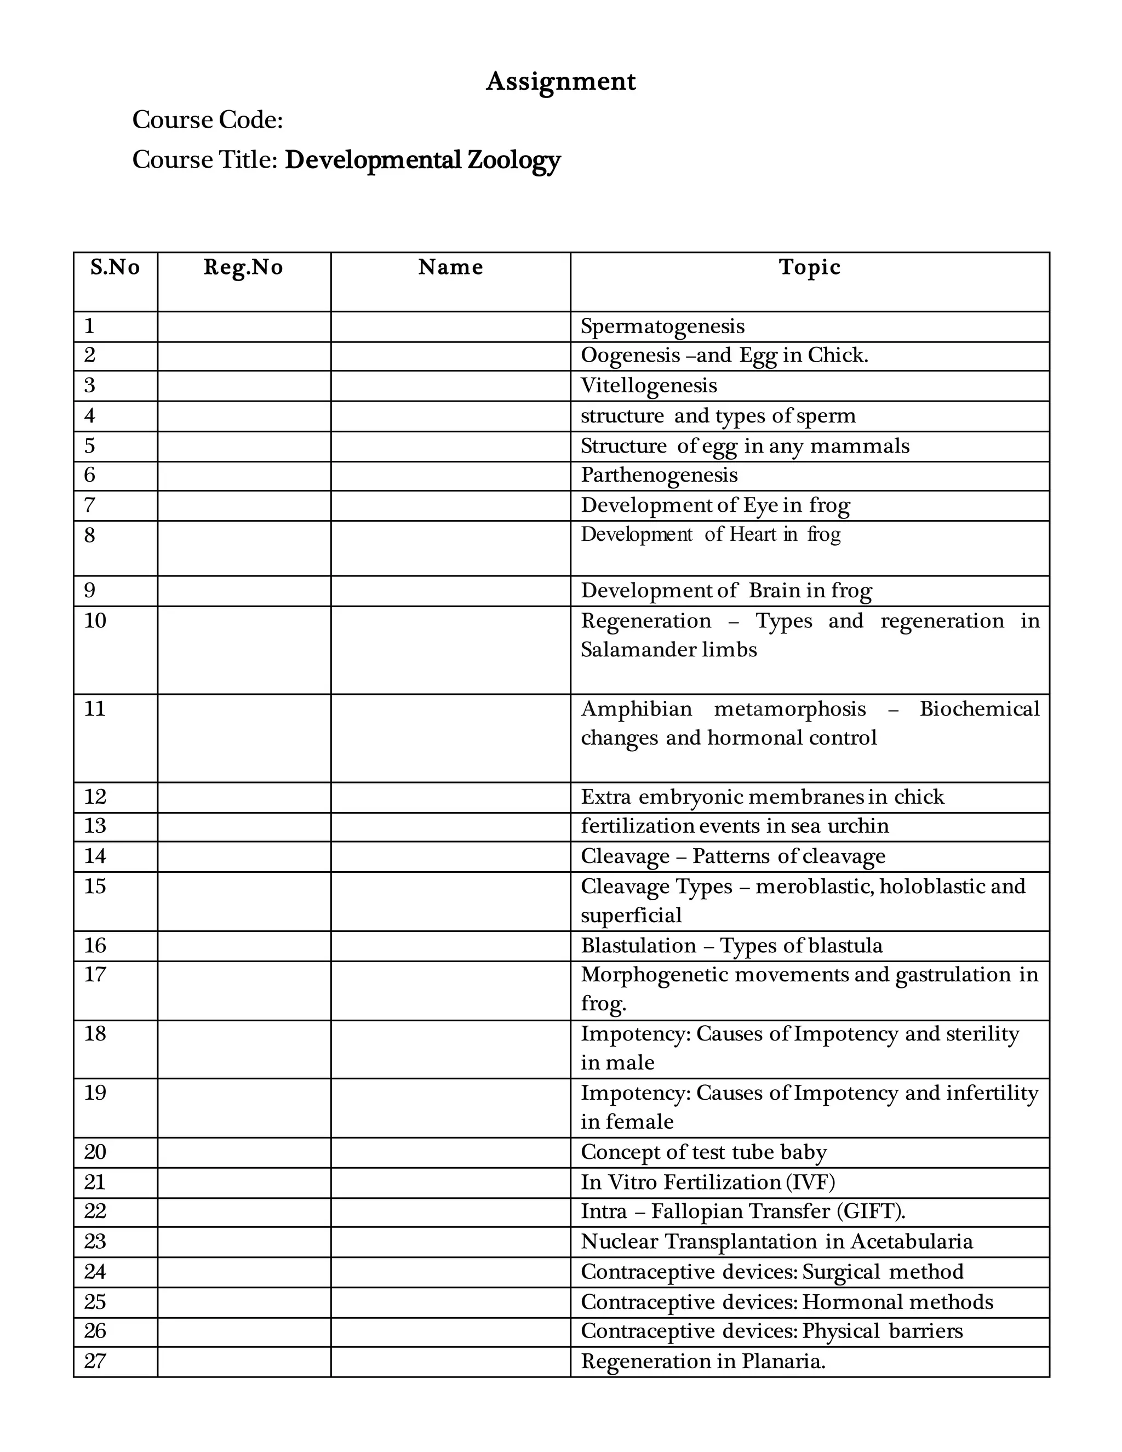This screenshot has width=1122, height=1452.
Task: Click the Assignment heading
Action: [x=560, y=81]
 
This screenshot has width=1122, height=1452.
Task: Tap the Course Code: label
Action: [x=208, y=121]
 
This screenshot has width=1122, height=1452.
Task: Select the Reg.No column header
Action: [x=243, y=267]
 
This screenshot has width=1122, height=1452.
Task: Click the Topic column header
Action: [x=809, y=267]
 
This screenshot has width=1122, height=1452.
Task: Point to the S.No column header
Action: [x=115, y=267]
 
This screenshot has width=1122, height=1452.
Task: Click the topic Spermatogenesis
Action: [x=662, y=327]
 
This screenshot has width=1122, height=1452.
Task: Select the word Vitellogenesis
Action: [x=649, y=386]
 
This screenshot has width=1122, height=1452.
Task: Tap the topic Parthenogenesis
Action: [x=659, y=475]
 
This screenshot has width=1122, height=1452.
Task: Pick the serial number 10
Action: [x=95, y=621]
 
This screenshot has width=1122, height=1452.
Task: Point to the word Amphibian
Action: [x=636, y=710]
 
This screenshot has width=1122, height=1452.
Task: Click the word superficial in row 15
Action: [x=631, y=916]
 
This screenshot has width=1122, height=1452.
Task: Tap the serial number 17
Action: [x=95, y=975]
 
